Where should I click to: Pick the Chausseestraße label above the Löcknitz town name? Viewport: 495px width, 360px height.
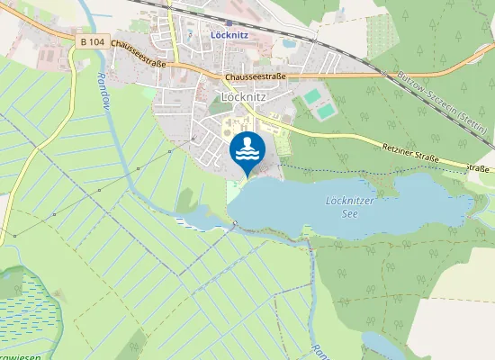tap(255, 76)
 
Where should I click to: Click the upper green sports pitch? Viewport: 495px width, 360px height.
tap(312, 95)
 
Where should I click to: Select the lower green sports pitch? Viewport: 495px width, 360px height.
tap(325, 111)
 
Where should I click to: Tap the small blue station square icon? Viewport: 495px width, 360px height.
tap(229, 24)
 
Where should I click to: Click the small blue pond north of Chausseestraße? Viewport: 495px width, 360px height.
tap(290, 42)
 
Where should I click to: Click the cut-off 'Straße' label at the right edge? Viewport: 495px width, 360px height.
tap(481, 168)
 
